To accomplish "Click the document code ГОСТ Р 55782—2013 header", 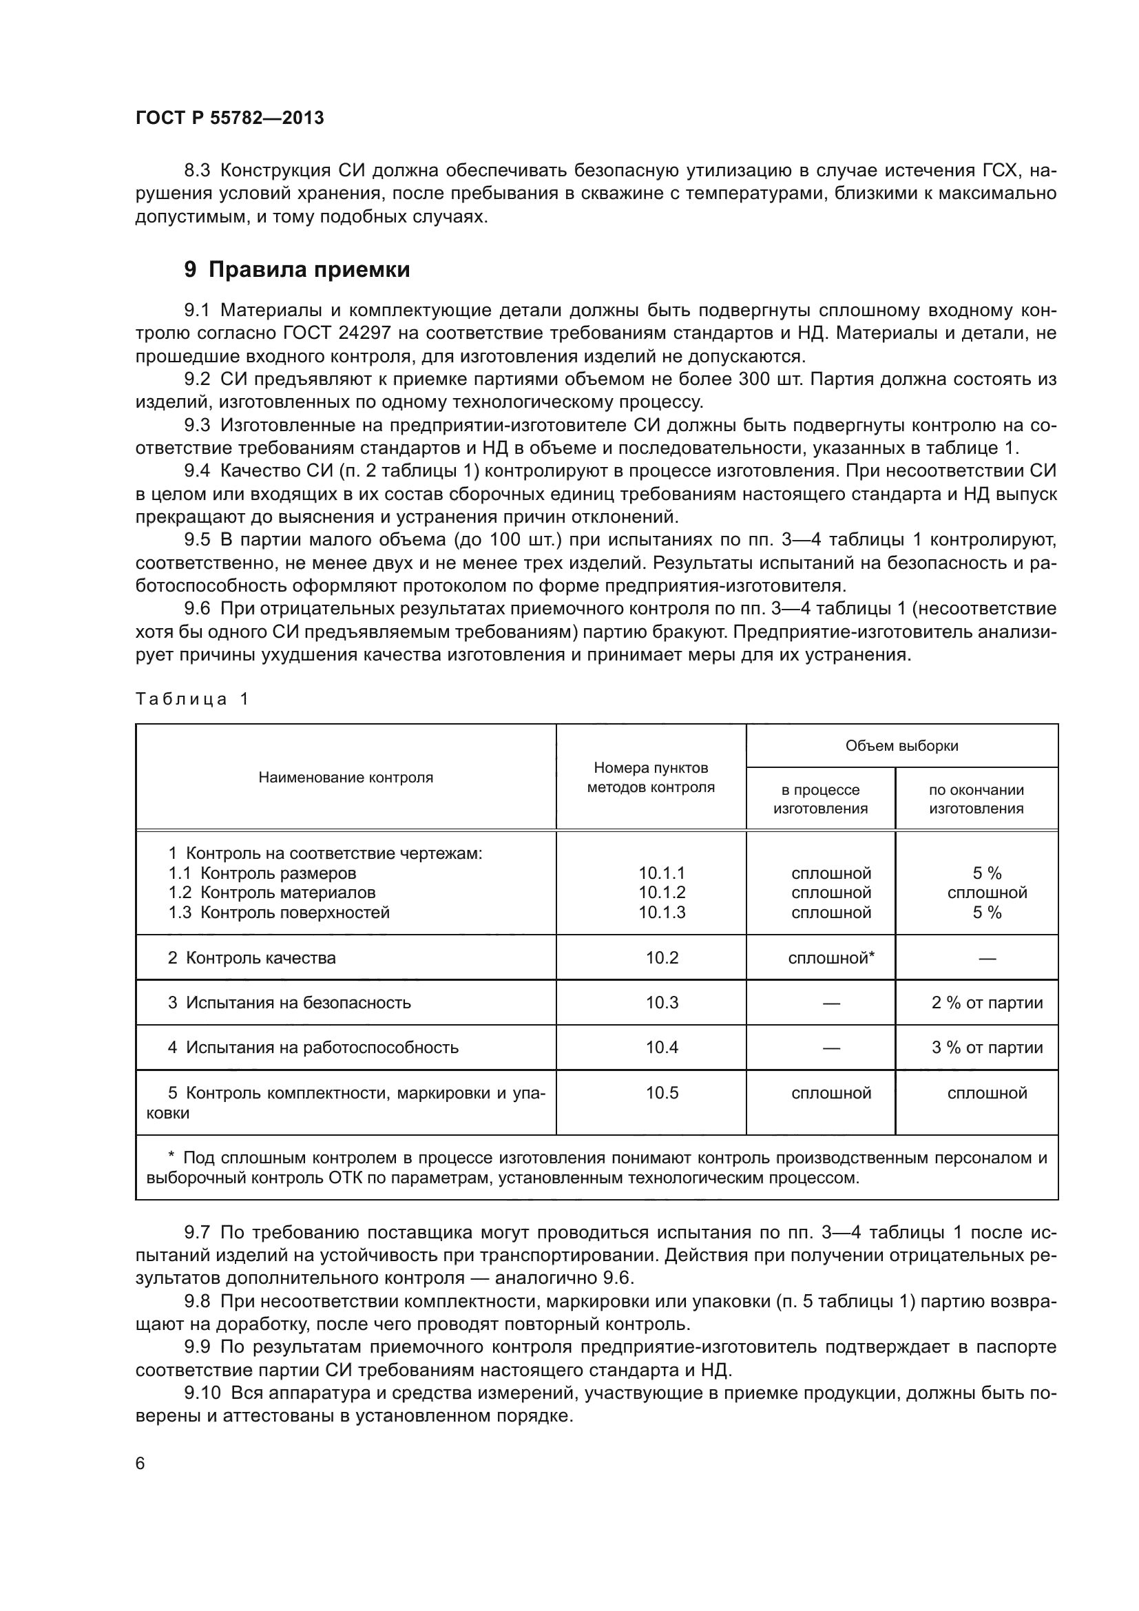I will [x=229, y=118].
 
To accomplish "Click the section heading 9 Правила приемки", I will [x=297, y=269].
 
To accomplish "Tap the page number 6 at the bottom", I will [x=140, y=1464].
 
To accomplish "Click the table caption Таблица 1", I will [x=191, y=699].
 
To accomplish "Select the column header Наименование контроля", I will [x=346, y=778].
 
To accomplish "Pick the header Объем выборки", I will [x=901, y=746].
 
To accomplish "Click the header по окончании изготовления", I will [x=976, y=799].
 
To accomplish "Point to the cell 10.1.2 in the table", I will [x=661, y=893].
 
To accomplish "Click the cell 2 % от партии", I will [x=986, y=1003].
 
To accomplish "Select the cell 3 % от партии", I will [x=986, y=1048].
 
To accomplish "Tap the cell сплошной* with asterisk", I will [x=830, y=958].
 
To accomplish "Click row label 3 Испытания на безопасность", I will [x=289, y=1003].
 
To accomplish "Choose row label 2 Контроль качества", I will [x=251, y=958].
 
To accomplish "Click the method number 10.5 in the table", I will [x=661, y=1093].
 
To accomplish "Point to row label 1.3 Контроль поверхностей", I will [x=278, y=912].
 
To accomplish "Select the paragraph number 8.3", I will [x=197, y=171].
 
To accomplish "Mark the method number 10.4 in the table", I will [x=661, y=1048].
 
